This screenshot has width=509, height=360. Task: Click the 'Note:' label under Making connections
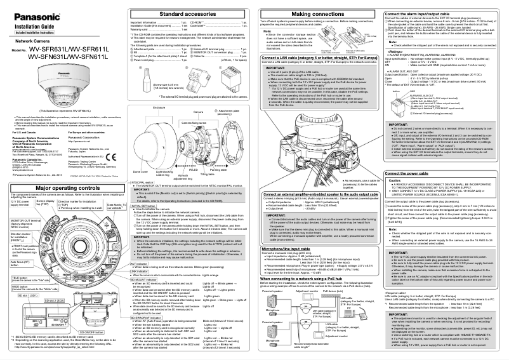[x=268, y=30]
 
